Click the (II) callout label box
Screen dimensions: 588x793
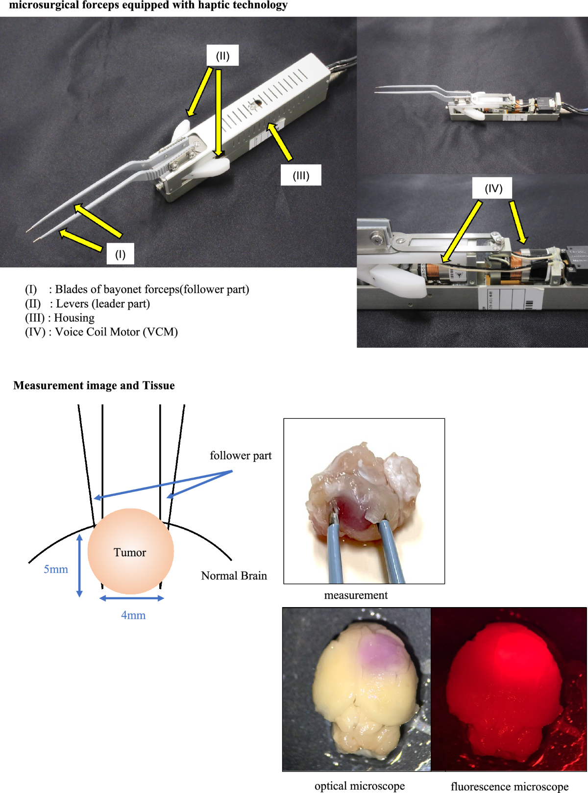(x=222, y=56)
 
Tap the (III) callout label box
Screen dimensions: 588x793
(x=301, y=176)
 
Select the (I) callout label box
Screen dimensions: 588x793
(x=121, y=254)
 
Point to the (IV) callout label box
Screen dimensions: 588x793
(x=493, y=188)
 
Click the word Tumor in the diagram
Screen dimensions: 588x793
(x=130, y=553)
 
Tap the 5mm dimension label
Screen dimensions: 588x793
(x=56, y=569)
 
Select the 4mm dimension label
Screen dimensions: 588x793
(x=133, y=615)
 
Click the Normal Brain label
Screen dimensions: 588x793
(x=234, y=576)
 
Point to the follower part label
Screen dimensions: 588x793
(x=241, y=456)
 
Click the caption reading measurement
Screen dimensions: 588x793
(x=356, y=595)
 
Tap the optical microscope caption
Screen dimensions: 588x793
(x=360, y=786)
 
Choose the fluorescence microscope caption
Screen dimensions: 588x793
(x=510, y=787)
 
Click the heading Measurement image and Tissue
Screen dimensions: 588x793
(x=94, y=385)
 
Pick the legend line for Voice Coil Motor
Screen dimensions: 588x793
(x=101, y=332)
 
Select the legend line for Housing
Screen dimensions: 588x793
(x=60, y=318)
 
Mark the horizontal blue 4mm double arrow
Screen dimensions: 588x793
(x=131, y=598)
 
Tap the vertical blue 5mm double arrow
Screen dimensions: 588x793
(x=79, y=565)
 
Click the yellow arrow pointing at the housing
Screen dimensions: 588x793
(x=280, y=142)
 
